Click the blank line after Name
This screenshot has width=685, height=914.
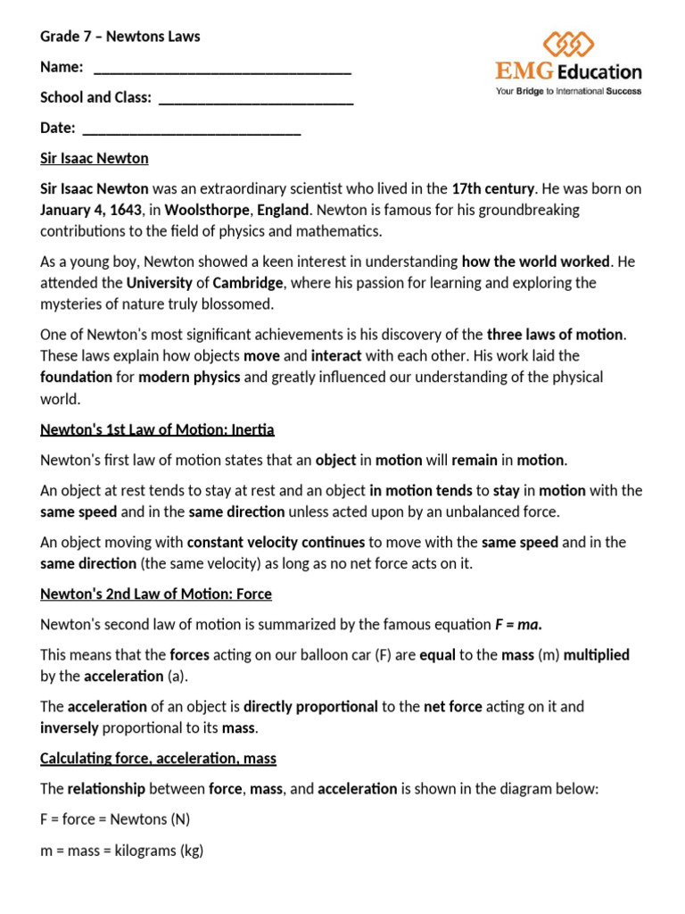pyautogui.click(x=222, y=71)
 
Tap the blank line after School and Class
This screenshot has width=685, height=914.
pyautogui.click(x=256, y=101)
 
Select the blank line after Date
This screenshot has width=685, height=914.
pyautogui.click(x=191, y=131)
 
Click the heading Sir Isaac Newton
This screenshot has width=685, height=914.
pyautogui.click(x=95, y=159)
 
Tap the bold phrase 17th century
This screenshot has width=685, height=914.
pyautogui.click(x=493, y=189)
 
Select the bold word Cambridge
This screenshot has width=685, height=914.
pyautogui.click(x=248, y=283)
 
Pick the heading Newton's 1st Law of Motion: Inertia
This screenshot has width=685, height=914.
pyautogui.click(x=157, y=430)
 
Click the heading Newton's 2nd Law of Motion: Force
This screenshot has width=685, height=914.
pyautogui.click(x=156, y=594)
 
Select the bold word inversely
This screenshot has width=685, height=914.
pyautogui.click(x=69, y=728)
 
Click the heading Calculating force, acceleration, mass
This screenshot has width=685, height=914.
pyautogui.click(x=158, y=759)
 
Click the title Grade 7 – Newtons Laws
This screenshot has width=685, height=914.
pyautogui.click(x=120, y=37)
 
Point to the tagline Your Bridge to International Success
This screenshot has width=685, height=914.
pyautogui.click(x=568, y=90)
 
